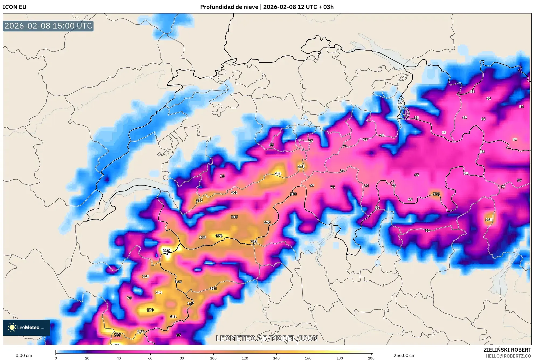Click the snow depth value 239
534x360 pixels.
167,251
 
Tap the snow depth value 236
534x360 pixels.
117,335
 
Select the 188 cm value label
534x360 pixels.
278,174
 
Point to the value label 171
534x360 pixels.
301,167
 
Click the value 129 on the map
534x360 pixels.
436,194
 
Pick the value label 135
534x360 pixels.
488,220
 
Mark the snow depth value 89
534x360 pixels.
515,139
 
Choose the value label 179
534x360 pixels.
140,331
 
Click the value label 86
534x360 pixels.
178,335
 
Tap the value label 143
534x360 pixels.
254,241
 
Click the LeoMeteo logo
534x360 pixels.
26,328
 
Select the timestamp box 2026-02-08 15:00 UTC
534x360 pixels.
48,26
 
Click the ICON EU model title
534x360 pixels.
15,7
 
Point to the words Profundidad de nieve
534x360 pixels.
229,7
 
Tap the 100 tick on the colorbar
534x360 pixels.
213,358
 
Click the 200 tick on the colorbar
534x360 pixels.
371,358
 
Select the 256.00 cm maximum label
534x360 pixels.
404,356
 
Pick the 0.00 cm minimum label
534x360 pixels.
24,356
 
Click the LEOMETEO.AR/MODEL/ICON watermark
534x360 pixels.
267,338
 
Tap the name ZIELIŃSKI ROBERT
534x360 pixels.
507,350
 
